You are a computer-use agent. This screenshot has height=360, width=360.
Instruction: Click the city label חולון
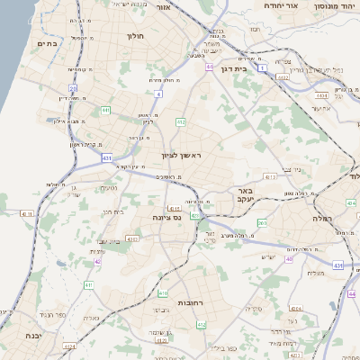click(x=132, y=37)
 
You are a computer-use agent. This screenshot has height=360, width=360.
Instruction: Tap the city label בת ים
click(x=47, y=43)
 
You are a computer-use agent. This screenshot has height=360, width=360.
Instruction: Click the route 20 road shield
click(x=73, y=88)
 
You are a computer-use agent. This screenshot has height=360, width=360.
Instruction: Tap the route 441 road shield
click(x=105, y=110)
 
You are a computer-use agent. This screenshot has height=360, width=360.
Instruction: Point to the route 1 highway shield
click(x=262, y=67)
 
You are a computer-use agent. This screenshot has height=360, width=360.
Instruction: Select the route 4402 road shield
click(x=283, y=77)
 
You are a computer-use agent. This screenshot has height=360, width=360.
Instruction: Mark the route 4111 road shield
click(x=24, y=213)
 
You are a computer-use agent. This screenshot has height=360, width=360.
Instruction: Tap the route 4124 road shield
click(x=69, y=345)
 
